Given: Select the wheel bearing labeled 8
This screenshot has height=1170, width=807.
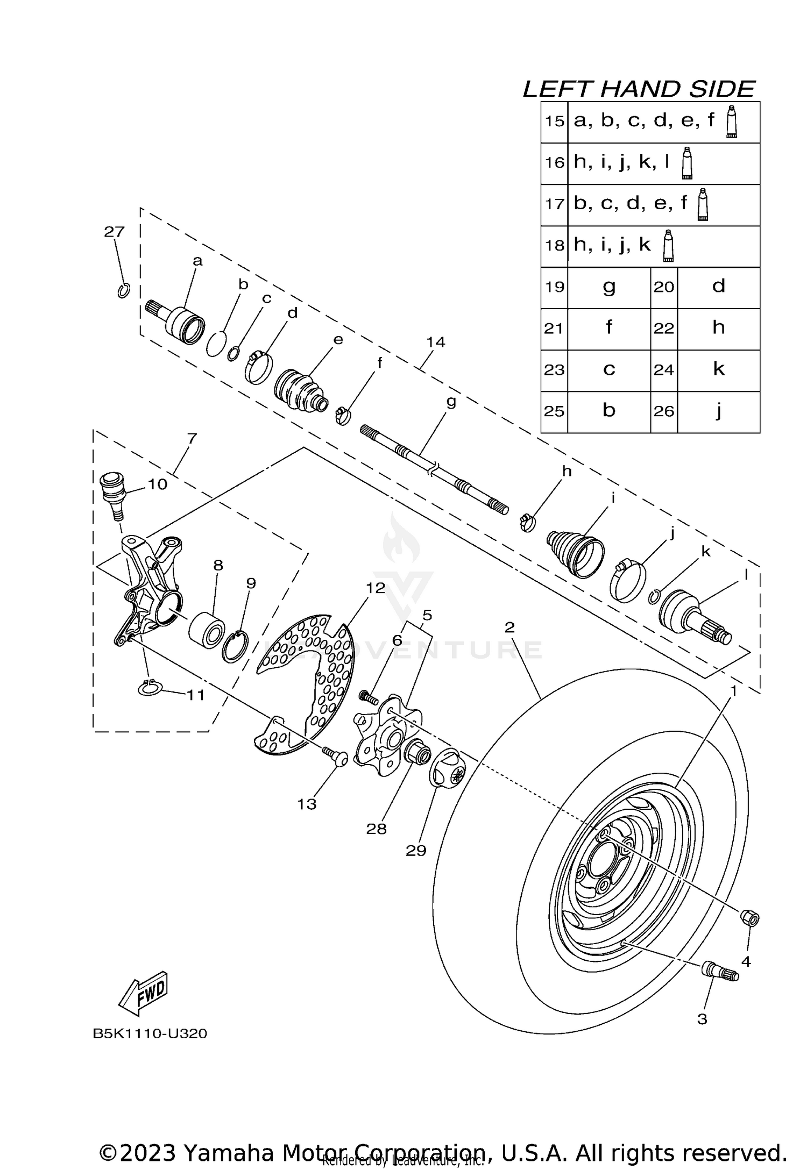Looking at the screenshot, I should coord(207,628).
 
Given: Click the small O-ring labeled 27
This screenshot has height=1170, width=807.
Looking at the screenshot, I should coord(123,291).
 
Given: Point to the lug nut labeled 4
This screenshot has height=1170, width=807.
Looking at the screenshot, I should coord(751,918).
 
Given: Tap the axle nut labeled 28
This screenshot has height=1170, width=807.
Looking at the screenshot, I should coord(416,751).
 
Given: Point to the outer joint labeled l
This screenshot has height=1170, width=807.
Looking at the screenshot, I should coord(694,619).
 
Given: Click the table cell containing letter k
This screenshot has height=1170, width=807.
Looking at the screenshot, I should coord(718,369).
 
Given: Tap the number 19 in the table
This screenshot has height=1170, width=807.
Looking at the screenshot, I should coord(554,287).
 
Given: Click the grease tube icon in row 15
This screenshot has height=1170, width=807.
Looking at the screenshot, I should coord(731,122).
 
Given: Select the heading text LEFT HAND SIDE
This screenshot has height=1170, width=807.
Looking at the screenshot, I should coord(639,89).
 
